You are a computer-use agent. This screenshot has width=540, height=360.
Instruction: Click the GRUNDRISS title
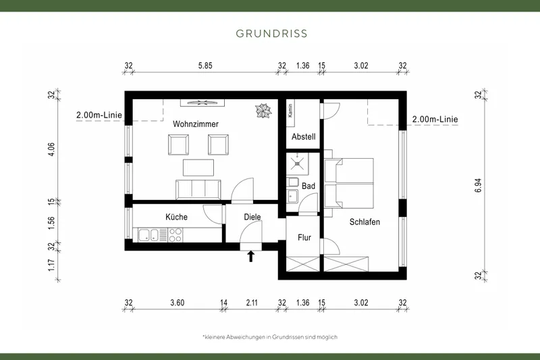click(270, 32)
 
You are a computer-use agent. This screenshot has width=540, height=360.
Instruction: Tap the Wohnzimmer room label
click(195, 124)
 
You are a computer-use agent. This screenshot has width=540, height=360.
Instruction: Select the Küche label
click(176, 217)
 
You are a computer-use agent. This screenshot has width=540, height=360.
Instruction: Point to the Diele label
click(252, 217)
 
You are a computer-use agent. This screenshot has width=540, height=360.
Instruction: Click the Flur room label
click(304, 237)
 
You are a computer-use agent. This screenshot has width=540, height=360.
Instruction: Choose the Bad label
click(308, 185)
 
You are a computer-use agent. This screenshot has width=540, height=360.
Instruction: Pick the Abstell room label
click(303, 137)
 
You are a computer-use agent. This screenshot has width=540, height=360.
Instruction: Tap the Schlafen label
click(364, 222)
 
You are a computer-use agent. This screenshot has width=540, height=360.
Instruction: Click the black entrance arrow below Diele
click(251, 256)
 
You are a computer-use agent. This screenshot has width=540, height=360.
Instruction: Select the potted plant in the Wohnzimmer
click(262, 109)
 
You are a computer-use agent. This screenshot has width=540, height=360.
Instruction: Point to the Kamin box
click(290, 111)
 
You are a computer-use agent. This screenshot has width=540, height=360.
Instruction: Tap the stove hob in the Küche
click(175, 235)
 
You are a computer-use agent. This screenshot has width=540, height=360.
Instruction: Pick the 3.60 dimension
click(178, 303)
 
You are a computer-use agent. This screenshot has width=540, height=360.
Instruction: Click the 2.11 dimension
click(252, 303)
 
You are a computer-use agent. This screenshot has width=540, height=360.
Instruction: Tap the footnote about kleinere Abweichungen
click(270, 336)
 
